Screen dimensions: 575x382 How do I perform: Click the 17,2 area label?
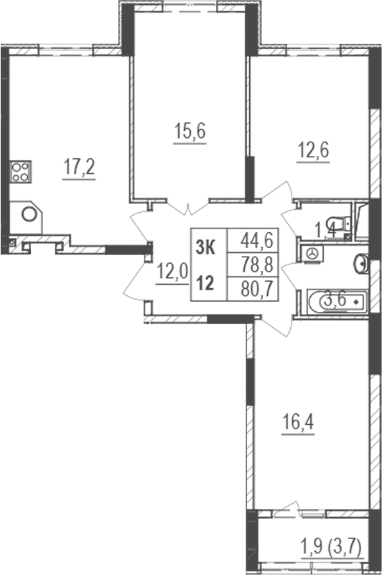click(x=79, y=169)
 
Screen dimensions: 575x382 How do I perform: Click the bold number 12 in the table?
click(x=205, y=282)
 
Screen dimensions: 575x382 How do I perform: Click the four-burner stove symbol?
click(x=20, y=172)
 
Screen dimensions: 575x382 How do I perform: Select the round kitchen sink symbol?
click(x=29, y=214)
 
